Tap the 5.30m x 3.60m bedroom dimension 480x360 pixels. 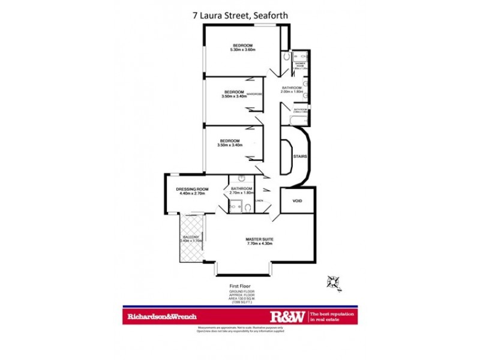242,50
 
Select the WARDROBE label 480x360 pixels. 254,94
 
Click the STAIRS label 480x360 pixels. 300,157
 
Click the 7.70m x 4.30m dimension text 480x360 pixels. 259,244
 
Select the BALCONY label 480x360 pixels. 191,237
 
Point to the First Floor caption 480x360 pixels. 239,286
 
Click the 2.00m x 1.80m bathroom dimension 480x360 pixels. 293,93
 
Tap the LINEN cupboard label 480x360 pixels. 259,201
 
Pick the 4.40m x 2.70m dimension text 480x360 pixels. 191,194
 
